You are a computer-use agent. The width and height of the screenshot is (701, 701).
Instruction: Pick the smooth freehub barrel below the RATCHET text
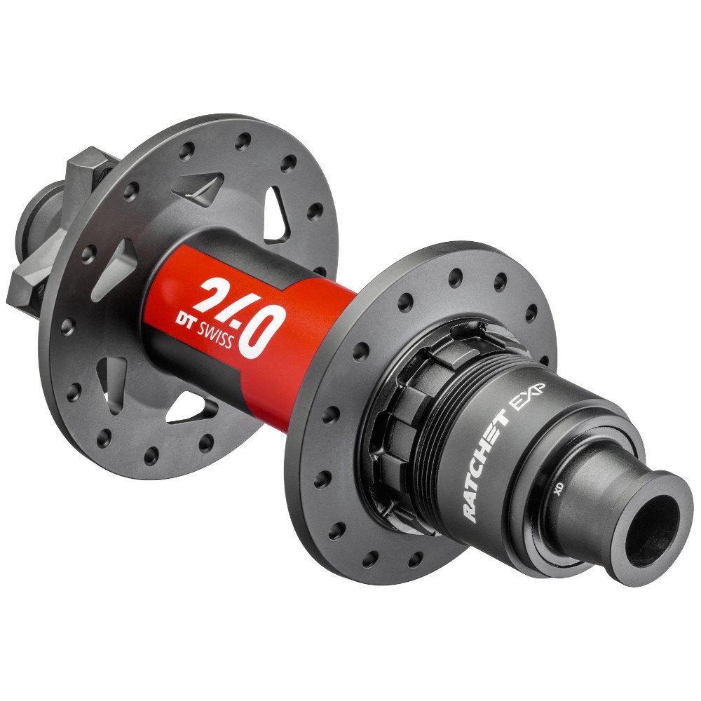click(505, 512)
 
